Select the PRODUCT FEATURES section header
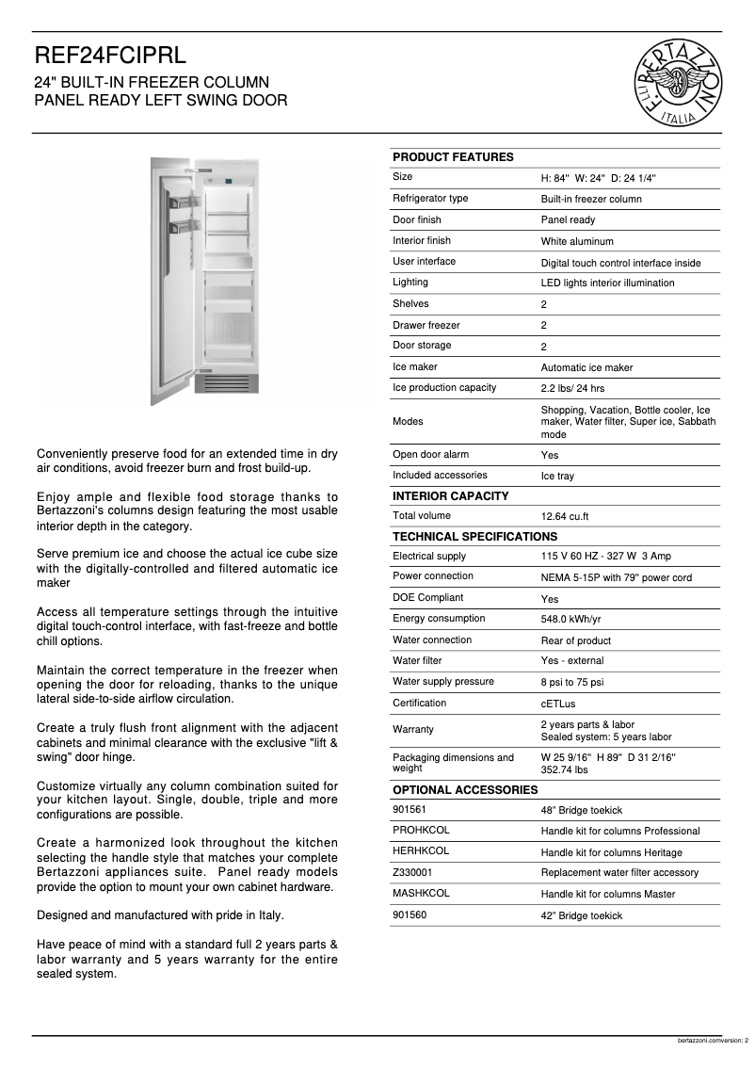(x=453, y=157)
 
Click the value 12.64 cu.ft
(x=565, y=517)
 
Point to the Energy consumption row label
(x=439, y=619)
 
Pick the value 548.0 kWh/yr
(x=570, y=621)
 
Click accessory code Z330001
(x=413, y=873)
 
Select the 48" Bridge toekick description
(x=581, y=811)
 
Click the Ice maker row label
(x=415, y=367)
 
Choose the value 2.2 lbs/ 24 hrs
(x=572, y=389)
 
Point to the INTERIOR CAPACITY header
(x=450, y=496)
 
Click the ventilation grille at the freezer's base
(x=226, y=382)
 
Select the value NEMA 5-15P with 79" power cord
(x=616, y=578)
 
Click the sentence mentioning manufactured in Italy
(x=160, y=914)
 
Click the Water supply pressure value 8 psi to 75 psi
(x=572, y=683)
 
